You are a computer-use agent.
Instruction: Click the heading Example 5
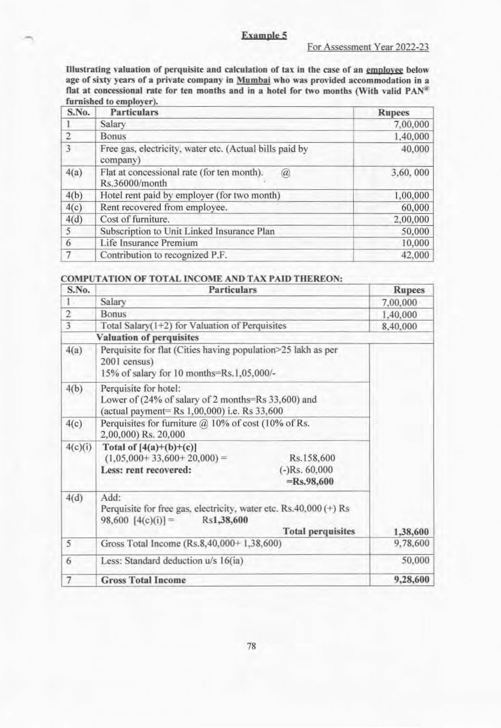pos(264,35)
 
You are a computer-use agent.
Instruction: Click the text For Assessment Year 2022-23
pos(368,47)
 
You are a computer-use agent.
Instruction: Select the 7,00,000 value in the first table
pos(411,125)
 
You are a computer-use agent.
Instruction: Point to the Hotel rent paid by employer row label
pos(190,196)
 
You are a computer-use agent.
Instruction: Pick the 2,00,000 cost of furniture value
pos(411,220)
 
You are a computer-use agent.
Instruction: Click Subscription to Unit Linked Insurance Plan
pos(187,232)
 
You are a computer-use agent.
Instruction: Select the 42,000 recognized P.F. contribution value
pos(415,255)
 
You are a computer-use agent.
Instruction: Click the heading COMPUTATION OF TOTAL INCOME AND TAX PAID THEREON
pos(202,279)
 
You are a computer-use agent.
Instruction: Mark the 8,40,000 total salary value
pos(399,326)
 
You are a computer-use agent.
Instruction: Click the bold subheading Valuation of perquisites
pos(148,337)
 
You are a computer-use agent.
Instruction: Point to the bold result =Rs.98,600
pos(310,481)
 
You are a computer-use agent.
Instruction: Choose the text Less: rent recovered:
pos(146,470)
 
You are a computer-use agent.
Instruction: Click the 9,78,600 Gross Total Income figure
pos(411,543)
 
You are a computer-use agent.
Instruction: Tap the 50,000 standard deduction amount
pos(415,561)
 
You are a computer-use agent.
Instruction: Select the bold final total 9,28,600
pos(411,580)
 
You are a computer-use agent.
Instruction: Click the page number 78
pos(252,646)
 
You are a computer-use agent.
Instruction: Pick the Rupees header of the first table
pos(393,113)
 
